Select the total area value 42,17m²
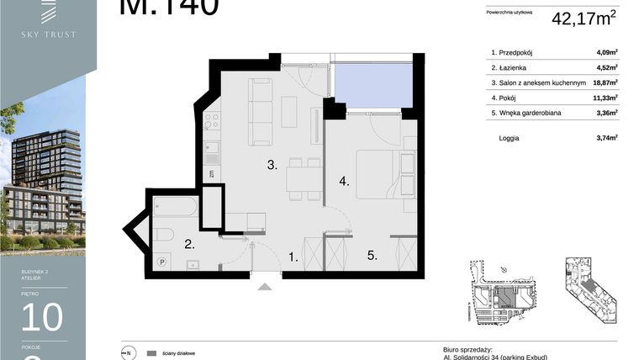click(584, 19)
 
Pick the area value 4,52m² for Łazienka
click(606, 67)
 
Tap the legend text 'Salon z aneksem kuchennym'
click(544, 82)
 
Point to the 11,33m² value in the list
click(605, 97)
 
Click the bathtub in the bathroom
click(175, 206)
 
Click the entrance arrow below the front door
click(266, 287)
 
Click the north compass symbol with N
click(129, 353)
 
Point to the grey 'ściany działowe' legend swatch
click(151, 353)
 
